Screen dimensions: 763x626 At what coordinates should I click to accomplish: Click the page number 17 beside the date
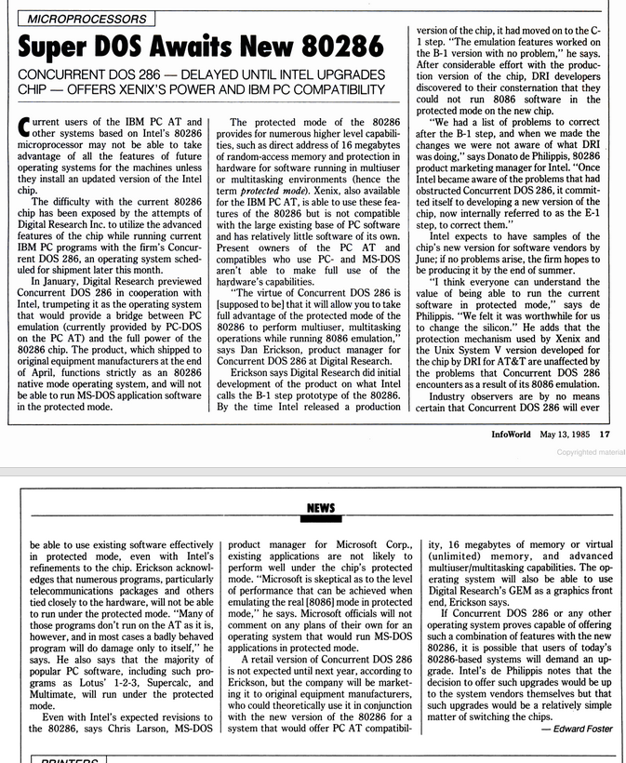(605, 433)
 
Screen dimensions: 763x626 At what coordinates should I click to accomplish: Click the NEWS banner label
(319, 508)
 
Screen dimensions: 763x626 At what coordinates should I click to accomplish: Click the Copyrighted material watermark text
(591, 452)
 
